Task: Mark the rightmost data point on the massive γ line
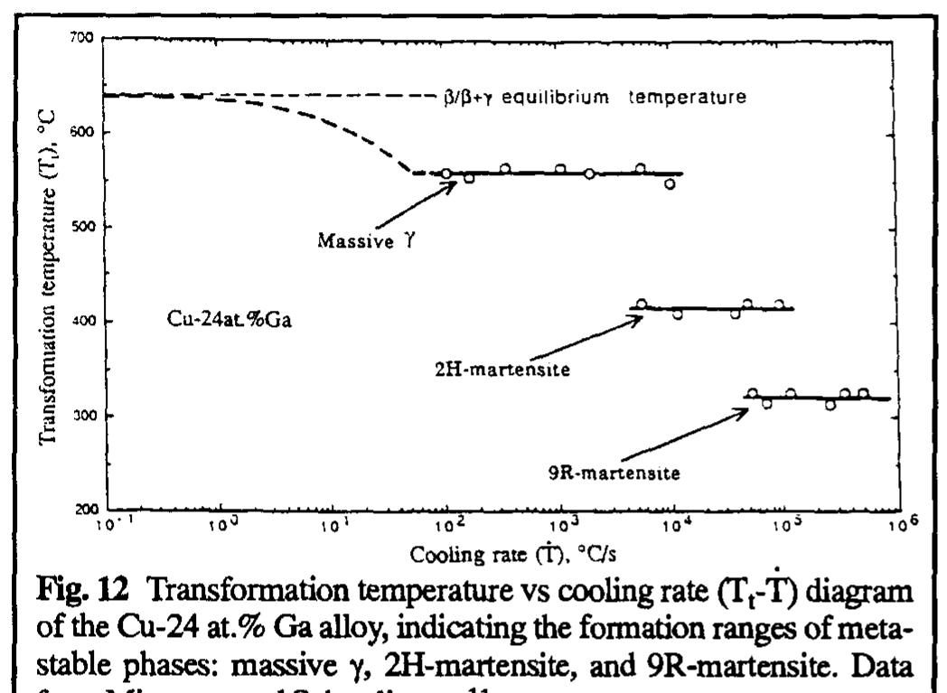670,183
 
